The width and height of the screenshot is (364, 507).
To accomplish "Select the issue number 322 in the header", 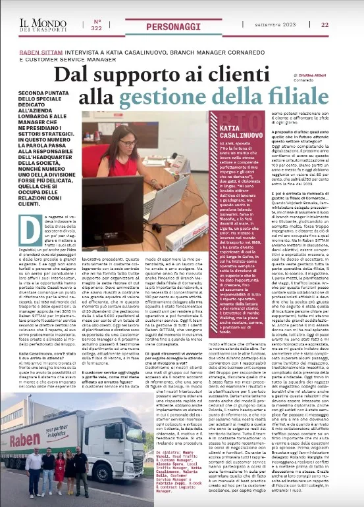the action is (97, 24).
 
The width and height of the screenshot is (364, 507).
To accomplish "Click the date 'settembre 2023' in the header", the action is (275, 24).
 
